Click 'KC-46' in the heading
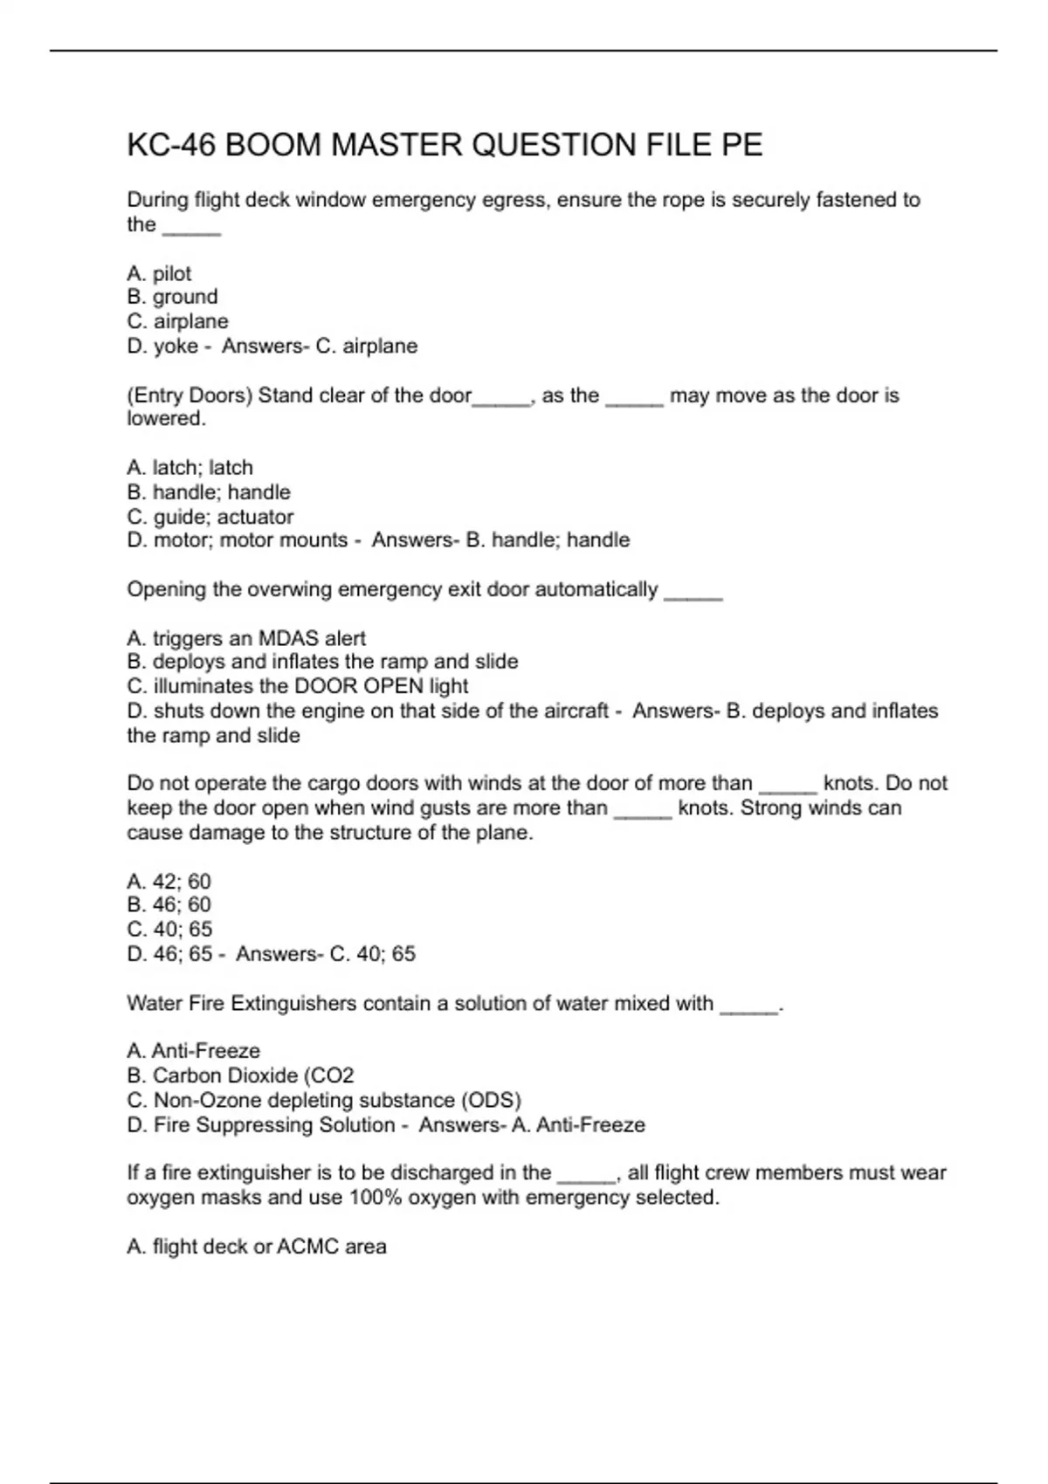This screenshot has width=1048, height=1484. pos(171,145)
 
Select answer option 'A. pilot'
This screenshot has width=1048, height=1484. pos(159,273)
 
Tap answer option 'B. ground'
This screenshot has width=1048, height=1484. pos(172,297)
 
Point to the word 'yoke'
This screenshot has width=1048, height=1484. pos(176,347)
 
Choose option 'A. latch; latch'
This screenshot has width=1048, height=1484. pos(190,468)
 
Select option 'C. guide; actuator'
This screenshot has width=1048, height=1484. pos(210,517)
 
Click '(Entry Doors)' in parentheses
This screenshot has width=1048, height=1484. pos(190,395)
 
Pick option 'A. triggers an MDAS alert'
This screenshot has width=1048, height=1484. pos(246,639)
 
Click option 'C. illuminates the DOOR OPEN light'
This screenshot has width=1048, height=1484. pos(297,687)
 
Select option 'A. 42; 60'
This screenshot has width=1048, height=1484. pos(169,882)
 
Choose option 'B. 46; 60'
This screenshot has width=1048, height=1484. pos(169,905)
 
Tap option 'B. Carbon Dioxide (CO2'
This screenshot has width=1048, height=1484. pos(240,1075)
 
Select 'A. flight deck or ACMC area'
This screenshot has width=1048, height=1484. pos(256,1247)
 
